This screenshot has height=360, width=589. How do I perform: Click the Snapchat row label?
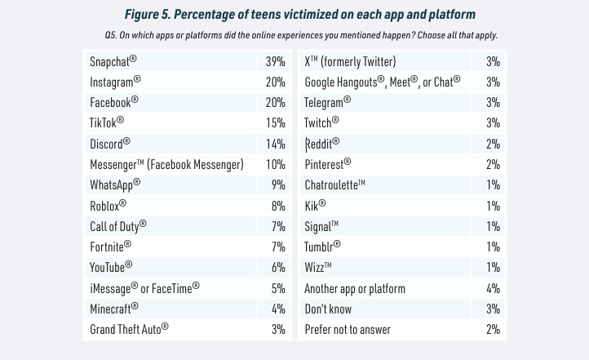pyautogui.click(x=113, y=61)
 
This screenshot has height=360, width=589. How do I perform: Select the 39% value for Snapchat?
pyautogui.click(x=275, y=61)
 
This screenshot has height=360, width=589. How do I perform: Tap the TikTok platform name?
pyautogui.click(x=106, y=122)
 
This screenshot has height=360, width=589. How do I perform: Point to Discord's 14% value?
pyautogui.click(x=275, y=144)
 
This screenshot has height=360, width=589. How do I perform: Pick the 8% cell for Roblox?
pyautogui.click(x=277, y=206)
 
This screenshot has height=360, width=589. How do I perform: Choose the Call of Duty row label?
pyautogui.click(x=117, y=226)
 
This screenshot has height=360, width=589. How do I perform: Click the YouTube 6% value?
pyautogui.click(x=277, y=268)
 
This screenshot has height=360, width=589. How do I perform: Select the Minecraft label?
pyautogui.click(x=113, y=309)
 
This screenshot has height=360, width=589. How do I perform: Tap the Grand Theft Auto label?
pyautogui.click(x=129, y=329)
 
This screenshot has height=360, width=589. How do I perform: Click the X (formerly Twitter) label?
pyautogui.click(x=350, y=61)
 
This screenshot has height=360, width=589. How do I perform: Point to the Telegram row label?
pyautogui.click(x=327, y=102)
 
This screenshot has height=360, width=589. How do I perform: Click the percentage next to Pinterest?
pyautogui.click(x=492, y=164)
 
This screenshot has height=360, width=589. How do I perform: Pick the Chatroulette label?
pyautogui.click(x=334, y=184)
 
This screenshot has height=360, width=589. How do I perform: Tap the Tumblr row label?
pyautogui.click(x=322, y=247)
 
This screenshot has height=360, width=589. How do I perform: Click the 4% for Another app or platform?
pyautogui.click(x=492, y=288)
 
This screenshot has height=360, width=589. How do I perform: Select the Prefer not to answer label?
pyautogui.click(x=347, y=329)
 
